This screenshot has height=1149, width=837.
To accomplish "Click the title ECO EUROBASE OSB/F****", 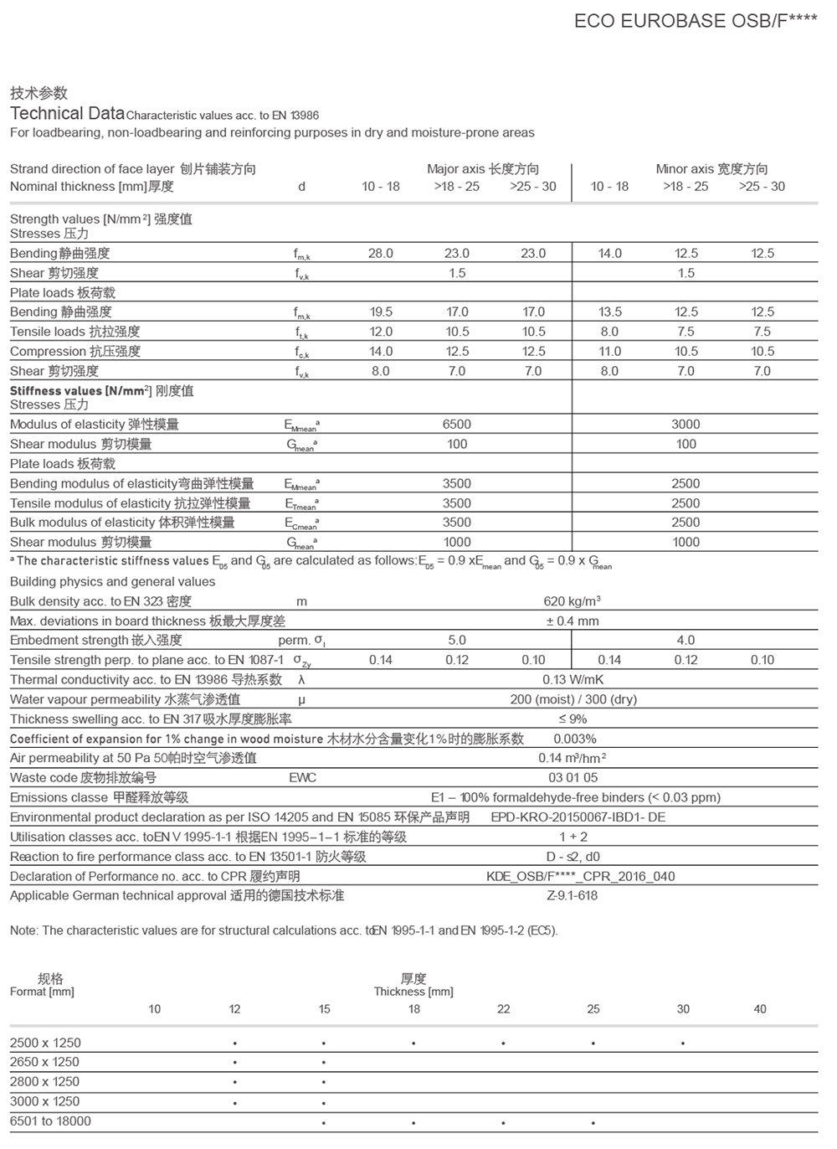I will [x=696, y=21].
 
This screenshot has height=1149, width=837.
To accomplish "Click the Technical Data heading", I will [x=67, y=114].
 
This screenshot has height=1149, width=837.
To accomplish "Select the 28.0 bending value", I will [x=381, y=254].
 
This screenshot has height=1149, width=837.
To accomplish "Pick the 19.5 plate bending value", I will [x=381, y=312].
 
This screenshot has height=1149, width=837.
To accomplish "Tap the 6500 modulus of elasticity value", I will [x=457, y=425].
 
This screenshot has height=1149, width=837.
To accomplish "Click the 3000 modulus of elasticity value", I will [x=686, y=425].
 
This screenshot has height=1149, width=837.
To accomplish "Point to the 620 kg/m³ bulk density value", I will [x=573, y=601].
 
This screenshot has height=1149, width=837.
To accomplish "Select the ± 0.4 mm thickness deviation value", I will [x=573, y=621].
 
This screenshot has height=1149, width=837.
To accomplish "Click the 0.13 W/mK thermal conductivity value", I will [x=573, y=680].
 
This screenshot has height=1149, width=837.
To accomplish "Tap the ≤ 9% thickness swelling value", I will [x=573, y=719].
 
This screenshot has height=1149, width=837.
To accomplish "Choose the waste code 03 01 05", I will [x=573, y=778].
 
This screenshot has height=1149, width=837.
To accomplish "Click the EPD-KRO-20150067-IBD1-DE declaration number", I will [x=578, y=817].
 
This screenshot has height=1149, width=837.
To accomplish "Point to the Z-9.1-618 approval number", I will [x=573, y=896].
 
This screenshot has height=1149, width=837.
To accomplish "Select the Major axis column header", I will [x=483, y=169].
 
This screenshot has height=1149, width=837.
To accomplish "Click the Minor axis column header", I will [x=711, y=169].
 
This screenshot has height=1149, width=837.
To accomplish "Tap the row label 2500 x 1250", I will [x=45, y=1043].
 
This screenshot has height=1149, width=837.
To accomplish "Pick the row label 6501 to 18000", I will [x=50, y=1121].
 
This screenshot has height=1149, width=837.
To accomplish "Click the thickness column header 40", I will [x=760, y=1009].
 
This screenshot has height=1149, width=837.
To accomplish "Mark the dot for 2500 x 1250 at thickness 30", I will [x=683, y=1044].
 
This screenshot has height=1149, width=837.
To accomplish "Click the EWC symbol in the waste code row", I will [x=302, y=778].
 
